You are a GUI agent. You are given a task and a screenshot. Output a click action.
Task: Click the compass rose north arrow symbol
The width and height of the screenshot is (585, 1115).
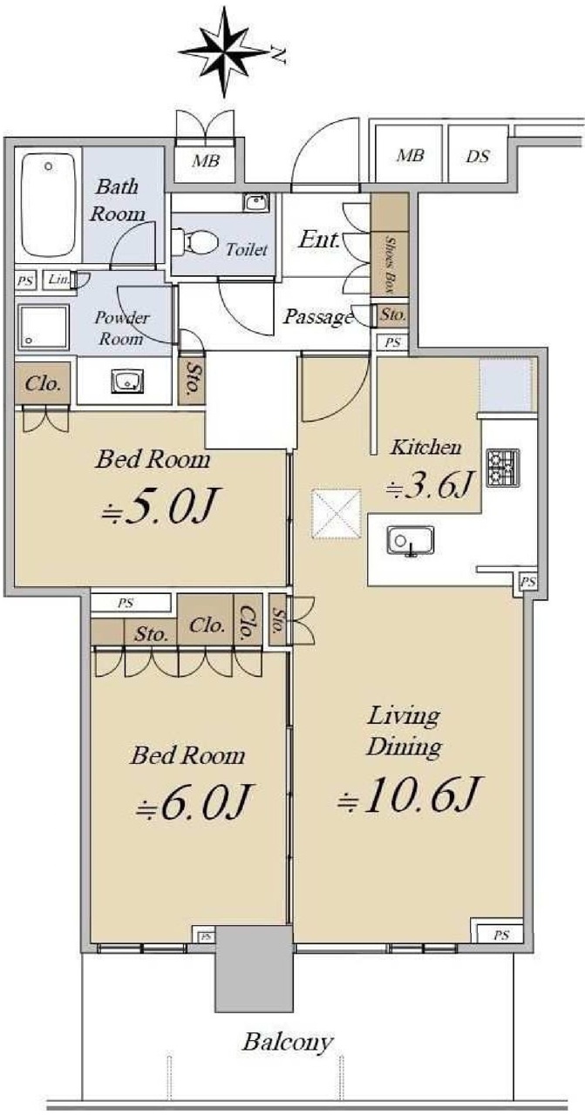pos(224,51)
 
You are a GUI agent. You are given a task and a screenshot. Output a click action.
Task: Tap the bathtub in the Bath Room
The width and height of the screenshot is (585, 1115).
pos(49,205)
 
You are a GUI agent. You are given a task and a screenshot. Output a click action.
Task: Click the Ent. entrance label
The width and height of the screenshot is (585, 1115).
pos(319,240)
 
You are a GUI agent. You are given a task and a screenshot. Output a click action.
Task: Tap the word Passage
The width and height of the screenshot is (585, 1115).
pos(318,317)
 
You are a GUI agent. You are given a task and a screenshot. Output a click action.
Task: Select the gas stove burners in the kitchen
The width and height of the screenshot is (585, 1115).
pos(503,468)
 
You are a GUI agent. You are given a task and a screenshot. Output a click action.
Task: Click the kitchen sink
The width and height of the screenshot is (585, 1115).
pos(410,541)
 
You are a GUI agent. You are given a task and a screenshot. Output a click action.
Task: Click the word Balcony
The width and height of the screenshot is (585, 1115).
pos(288,1041)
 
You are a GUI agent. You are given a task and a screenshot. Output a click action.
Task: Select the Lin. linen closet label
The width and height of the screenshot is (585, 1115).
pos(58,280)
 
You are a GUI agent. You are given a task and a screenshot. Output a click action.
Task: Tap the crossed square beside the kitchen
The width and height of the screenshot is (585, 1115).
pos(336,514)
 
